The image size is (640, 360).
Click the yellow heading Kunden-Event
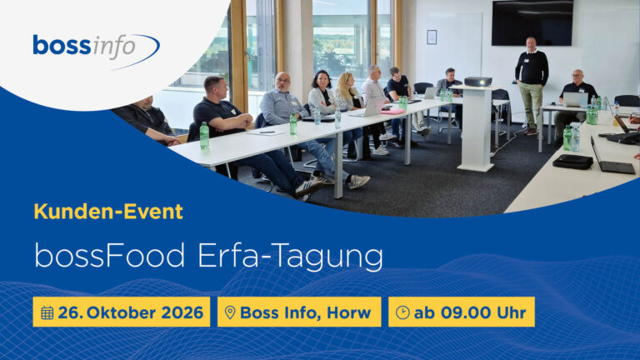point(108,212)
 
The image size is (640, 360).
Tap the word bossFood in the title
point(109,256)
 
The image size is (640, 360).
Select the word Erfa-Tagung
point(290,257)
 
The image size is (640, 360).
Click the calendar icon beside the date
point(47,312)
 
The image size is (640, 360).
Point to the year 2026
point(182,312)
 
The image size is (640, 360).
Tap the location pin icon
point(230,312)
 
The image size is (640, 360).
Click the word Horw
point(348,312)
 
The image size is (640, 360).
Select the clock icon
point(402,312)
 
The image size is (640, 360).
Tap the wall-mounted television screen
point(532,22)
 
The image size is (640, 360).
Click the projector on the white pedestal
point(478,81)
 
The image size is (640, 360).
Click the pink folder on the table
point(392,112)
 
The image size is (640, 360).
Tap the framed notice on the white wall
point(432,37)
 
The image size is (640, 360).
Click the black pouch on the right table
point(572,162)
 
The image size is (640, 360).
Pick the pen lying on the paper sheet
point(267,132)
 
